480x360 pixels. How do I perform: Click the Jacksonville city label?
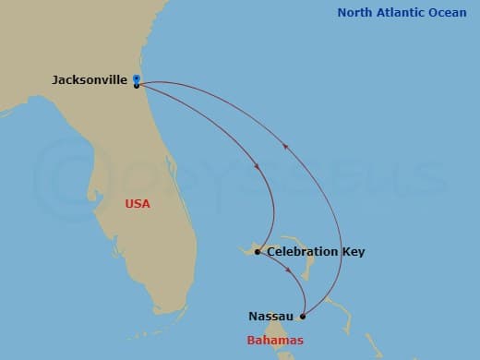[x=90, y=80]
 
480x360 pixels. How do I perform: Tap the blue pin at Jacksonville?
[x=137, y=79]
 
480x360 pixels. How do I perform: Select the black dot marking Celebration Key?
[x=258, y=251]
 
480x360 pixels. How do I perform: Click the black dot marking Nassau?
[x=303, y=317]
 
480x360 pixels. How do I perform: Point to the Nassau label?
[x=271, y=317]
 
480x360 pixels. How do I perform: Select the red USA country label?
[x=138, y=203]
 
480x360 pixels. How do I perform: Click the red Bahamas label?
[x=273, y=341]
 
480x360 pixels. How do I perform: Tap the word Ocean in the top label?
[x=450, y=13]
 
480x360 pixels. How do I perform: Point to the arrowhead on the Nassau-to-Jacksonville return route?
[x=286, y=146]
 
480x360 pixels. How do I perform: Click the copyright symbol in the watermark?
[x=69, y=176]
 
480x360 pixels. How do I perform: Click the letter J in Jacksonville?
[x=56, y=80]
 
